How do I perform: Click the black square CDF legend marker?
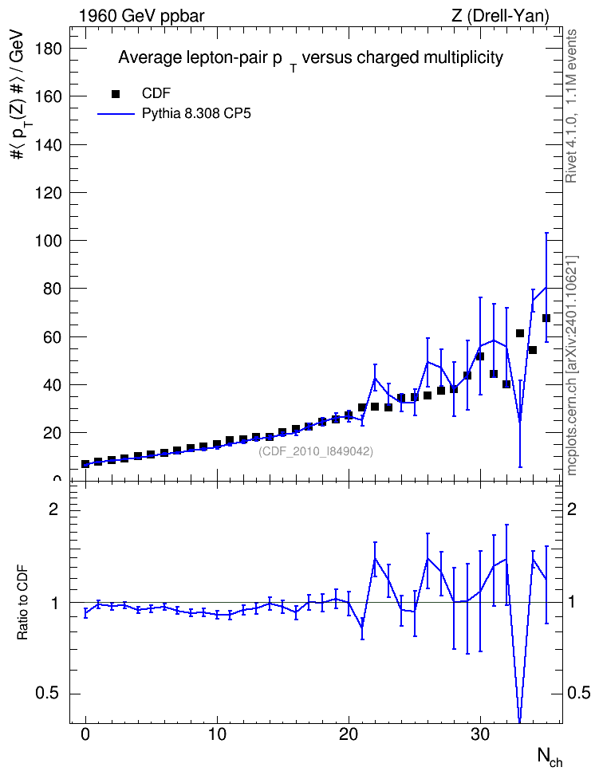(x=116, y=93)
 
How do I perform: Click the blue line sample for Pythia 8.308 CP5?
(x=116, y=114)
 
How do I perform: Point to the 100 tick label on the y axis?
(x=48, y=241)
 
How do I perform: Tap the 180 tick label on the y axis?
(x=48, y=49)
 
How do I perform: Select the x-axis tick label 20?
(x=349, y=734)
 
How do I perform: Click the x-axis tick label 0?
(x=85, y=734)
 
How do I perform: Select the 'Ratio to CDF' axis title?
(x=22, y=602)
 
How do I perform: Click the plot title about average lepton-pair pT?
(x=310, y=59)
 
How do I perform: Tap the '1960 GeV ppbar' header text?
(x=141, y=16)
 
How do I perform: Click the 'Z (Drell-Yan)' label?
(x=500, y=16)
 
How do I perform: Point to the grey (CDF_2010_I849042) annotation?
(x=316, y=451)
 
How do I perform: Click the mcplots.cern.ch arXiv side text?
(x=572, y=365)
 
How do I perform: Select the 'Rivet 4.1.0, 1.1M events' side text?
(x=571, y=106)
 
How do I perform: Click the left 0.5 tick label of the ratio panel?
(x=47, y=694)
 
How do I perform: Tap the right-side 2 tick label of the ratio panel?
(x=572, y=509)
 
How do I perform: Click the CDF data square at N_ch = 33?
(x=520, y=333)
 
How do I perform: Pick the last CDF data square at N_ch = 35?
(x=546, y=318)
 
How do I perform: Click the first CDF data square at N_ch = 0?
(x=85, y=464)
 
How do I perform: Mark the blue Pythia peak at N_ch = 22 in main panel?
(x=375, y=378)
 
